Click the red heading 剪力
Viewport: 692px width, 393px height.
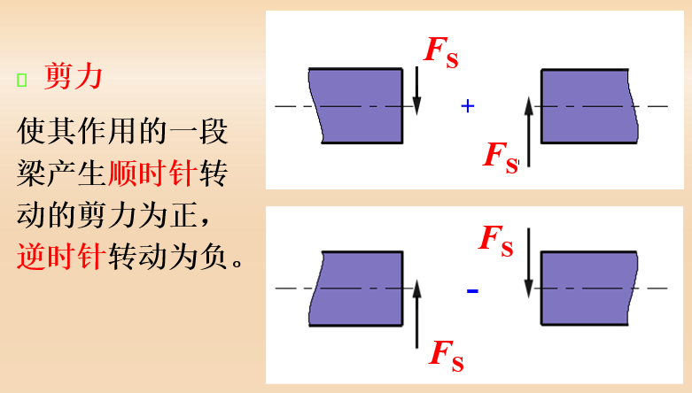click(74, 76)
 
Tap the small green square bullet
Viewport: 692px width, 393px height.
click(21, 80)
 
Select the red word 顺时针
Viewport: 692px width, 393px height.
click(152, 173)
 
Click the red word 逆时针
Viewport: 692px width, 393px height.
click(61, 256)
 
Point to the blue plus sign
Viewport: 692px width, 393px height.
click(467, 106)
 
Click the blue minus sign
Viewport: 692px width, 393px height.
click(472, 290)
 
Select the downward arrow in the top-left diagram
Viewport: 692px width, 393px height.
click(416, 91)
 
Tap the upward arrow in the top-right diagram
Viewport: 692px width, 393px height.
click(529, 132)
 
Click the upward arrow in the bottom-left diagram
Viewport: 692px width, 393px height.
click(416, 313)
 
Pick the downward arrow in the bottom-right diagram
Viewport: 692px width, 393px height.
click(528, 263)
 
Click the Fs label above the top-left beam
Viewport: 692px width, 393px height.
click(441, 52)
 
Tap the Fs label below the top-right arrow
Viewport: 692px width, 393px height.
click(501, 158)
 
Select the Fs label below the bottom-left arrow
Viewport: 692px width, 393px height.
click(447, 356)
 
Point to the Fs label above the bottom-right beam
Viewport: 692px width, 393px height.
click(496, 241)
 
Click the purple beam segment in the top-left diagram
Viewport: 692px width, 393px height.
click(355, 106)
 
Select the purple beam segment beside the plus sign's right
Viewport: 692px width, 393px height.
click(589, 106)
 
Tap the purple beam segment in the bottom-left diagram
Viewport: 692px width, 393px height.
click(355, 289)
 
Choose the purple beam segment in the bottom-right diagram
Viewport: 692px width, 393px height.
click(589, 289)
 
